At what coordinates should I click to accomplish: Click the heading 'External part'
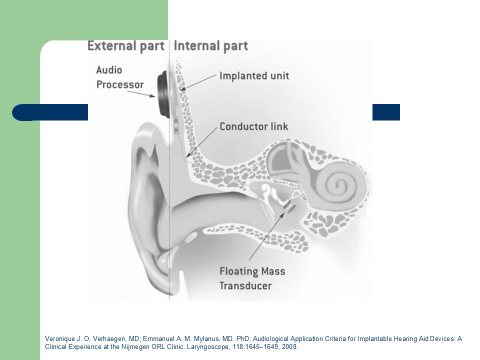pyautogui.click(x=126, y=46)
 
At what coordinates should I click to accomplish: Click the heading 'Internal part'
pyautogui.click(x=211, y=46)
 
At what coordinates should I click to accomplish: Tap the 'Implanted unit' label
pyautogui.click(x=254, y=75)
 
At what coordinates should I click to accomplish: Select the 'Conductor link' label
pyautogui.click(x=254, y=126)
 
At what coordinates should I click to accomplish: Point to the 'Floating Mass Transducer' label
pyautogui.click(x=252, y=278)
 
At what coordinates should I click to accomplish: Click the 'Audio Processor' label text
pyautogui.click(x=120, y=77)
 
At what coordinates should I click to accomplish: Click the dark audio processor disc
pyautogui.click(x=163, y=94)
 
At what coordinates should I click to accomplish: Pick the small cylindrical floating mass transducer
pyautogui.click(x=288, y=207)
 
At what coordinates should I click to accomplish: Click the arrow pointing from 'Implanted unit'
pyautogui.click(x=199, y=82)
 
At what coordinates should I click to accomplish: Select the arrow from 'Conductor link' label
pyautogui.click(x=202, y=142)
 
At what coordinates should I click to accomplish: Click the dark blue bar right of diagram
pyautogui.click(x=386, y=112)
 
